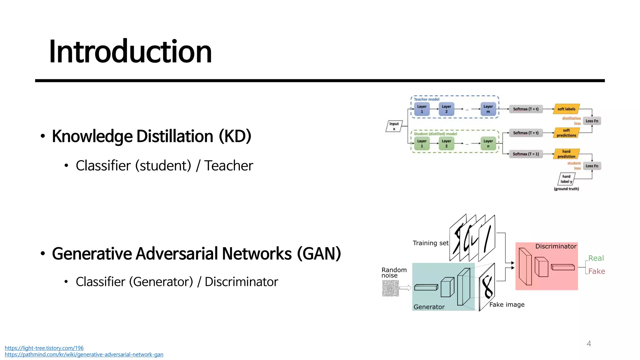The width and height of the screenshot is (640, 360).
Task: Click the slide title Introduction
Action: click(130, 52)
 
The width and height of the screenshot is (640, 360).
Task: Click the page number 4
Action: click(589, 344)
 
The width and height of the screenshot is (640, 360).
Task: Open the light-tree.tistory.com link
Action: click(44, 348)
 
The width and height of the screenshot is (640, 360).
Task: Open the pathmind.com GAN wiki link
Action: click(84, 354)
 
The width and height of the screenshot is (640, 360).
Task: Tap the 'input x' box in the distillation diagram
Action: click(394, 126)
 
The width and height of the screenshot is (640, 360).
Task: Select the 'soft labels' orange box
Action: click(566, 109)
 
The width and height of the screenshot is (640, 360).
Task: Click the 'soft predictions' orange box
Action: click(566, 133)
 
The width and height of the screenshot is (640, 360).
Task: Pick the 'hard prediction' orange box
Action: click(566, 154)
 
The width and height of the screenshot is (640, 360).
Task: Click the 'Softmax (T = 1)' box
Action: click(526, 154)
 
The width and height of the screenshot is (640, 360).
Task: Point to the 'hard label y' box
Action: click(566, 179)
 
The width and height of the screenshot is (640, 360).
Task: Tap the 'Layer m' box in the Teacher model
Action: click(488, 109)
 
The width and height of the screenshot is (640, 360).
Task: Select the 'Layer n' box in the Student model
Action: click(488, 143)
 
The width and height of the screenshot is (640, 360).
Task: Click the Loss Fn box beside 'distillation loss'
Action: click(592, 121)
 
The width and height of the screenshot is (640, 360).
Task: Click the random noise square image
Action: click(390, 288)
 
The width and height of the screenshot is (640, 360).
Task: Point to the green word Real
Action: click(596, 258)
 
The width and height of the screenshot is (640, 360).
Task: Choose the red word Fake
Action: click(597, 271)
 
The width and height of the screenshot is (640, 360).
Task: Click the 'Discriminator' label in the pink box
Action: click(556, 246)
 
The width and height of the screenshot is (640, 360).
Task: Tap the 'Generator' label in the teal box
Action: click(429, 307)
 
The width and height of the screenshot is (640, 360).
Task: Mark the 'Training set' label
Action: click(430, 243)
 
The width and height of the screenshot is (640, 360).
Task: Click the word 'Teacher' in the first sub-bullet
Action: click(228, 166)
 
